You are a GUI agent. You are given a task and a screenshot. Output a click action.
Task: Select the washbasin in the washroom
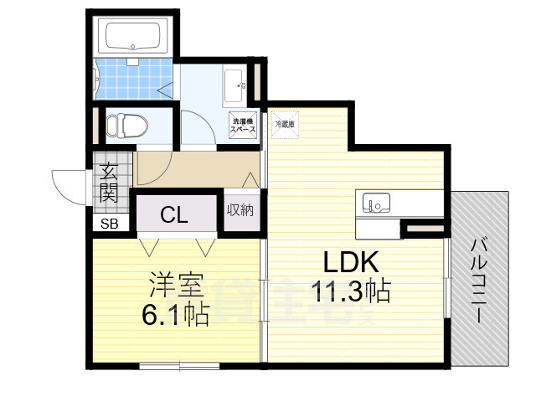point(235,84)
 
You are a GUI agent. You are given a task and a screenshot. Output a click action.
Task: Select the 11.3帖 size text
point(350,291)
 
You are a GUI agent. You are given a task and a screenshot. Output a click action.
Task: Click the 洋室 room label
point(177,285)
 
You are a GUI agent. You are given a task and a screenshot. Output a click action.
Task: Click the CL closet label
point(174,214)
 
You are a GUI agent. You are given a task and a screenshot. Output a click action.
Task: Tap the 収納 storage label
point(240,210)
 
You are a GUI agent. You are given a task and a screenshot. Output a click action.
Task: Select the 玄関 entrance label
point(109,184)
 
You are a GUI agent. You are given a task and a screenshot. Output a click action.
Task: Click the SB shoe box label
point(110,224)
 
